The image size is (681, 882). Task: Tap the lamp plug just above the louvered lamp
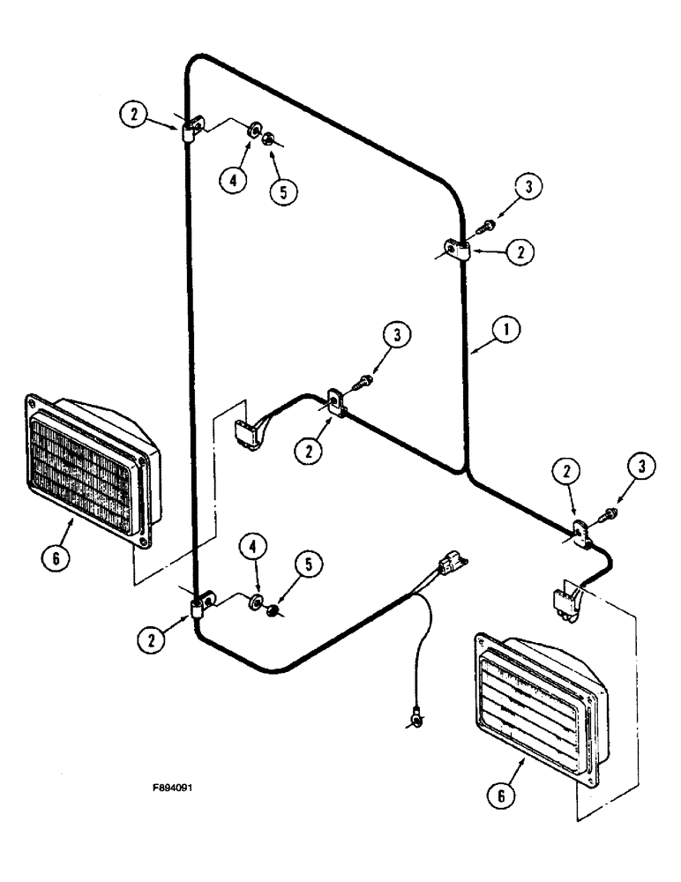(561, 602)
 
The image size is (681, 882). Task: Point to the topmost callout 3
(528, 188)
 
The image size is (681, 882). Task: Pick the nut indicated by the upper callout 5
(270, 138)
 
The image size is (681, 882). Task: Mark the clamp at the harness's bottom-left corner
(199, 606)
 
